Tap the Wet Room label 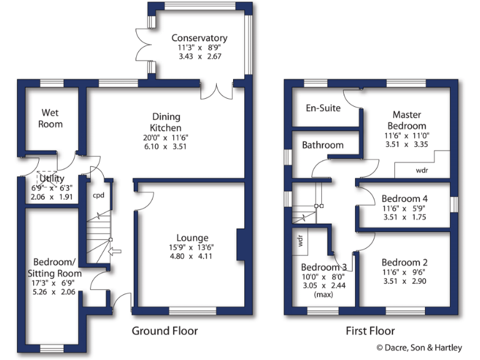[x=52, y=118]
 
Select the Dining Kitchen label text [x=166, y=122]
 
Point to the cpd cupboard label [x=99, y=194]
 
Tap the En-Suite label [x=323, y=108]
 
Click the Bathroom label [x=322, y=145]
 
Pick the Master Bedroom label [x=407, y=120]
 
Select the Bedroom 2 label [x=404, y=262]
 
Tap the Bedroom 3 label [x=324, y=267]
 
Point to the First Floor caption [x=371, y=331]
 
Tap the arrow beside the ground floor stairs [x=114, y=252]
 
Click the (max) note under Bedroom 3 [x=324, y=294]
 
